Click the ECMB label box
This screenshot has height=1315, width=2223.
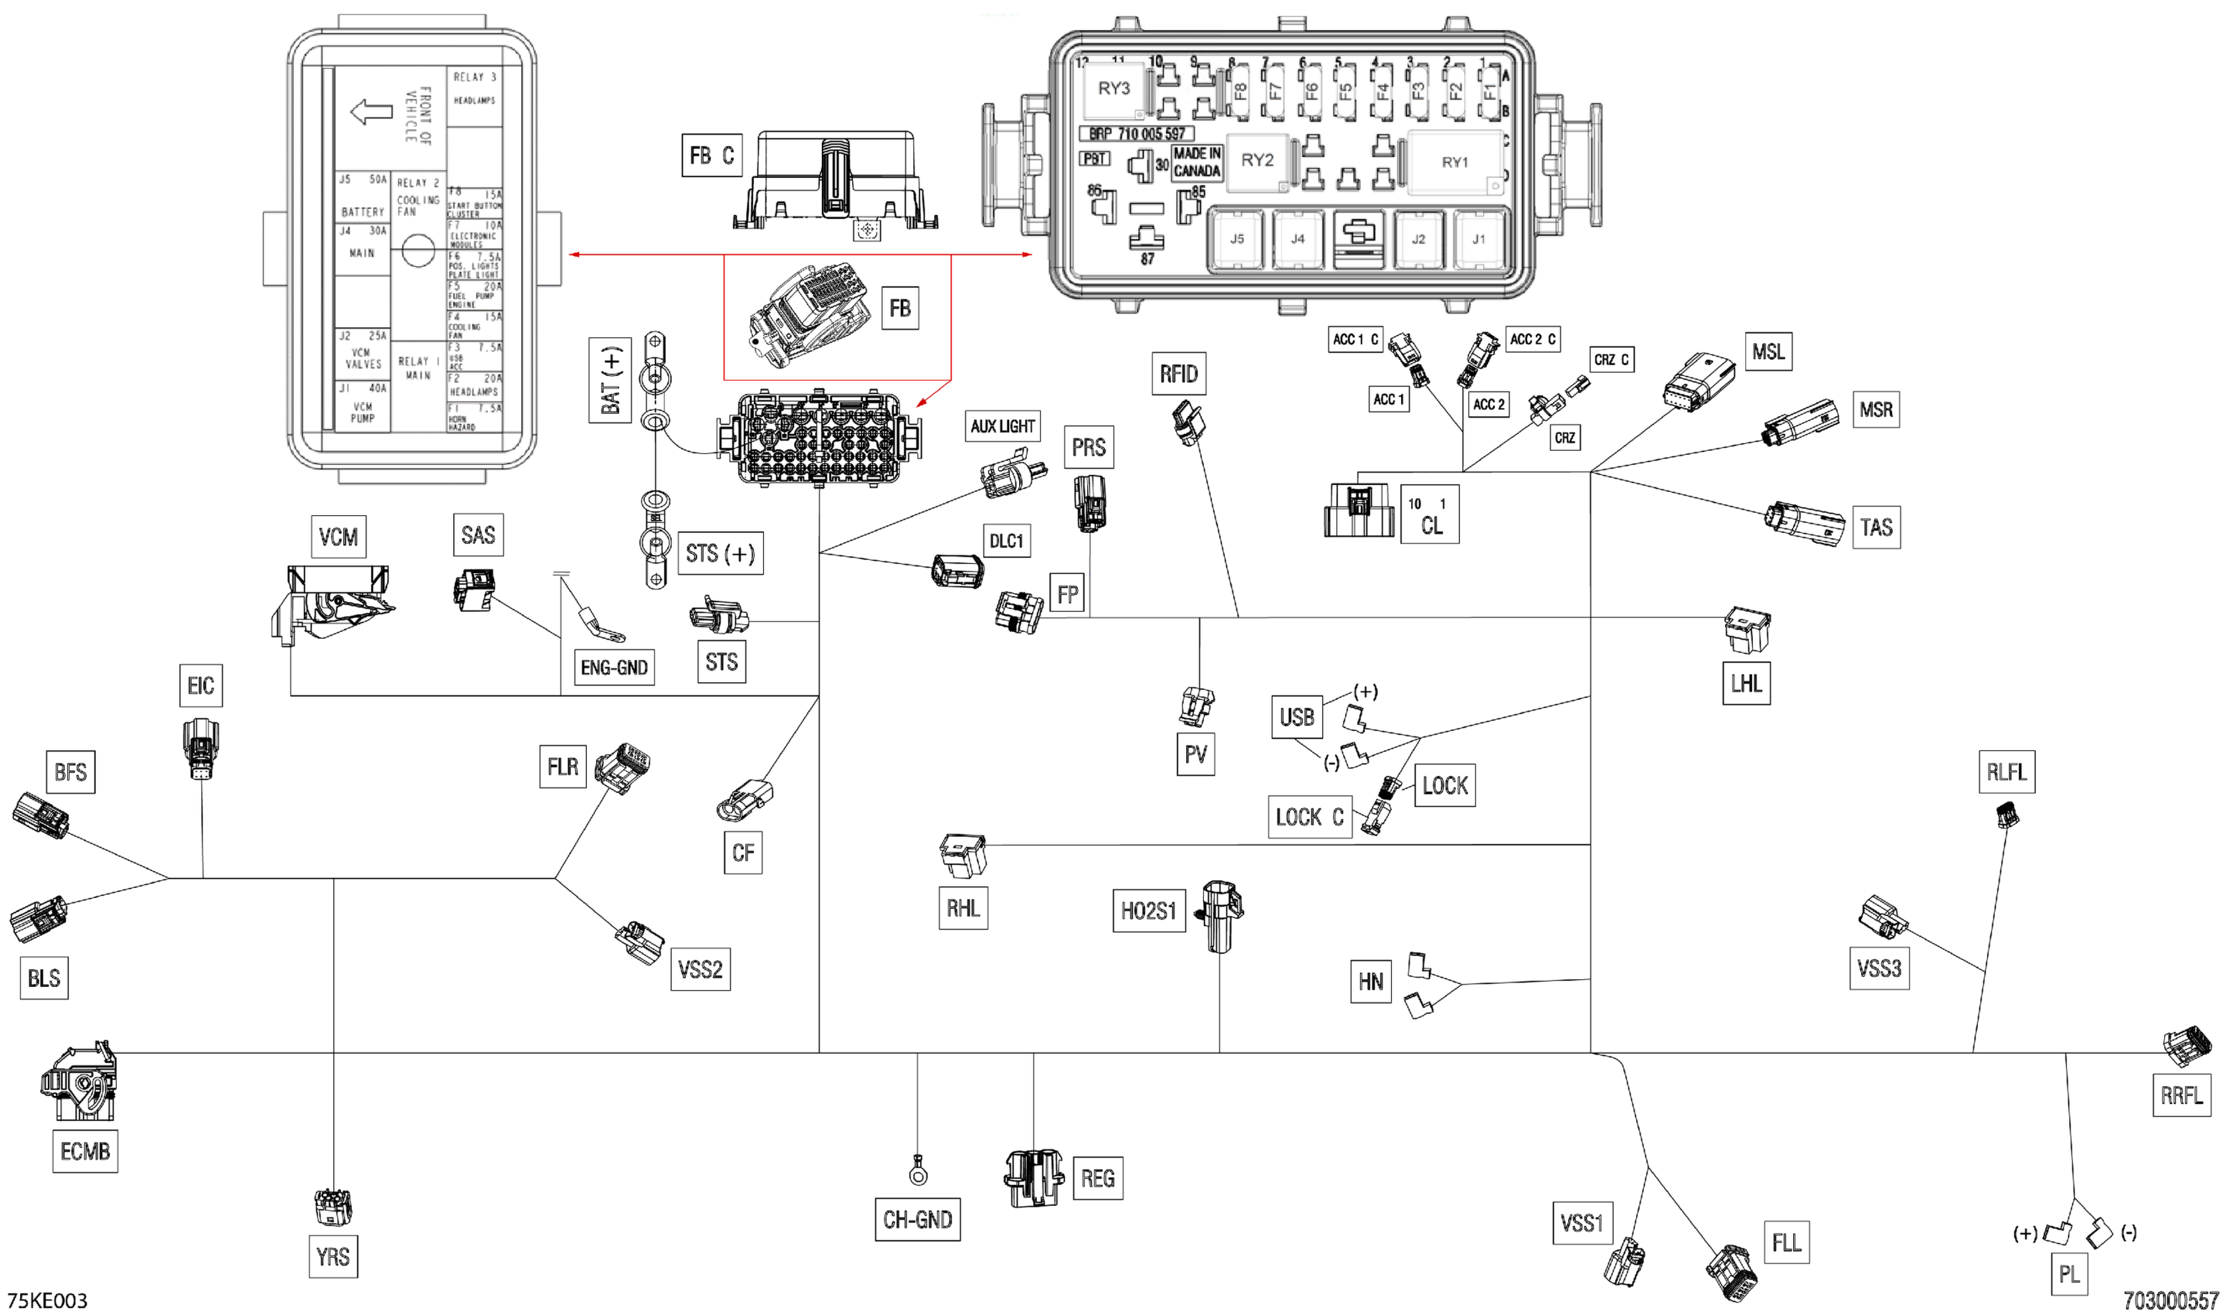pyautogui.click(x=85, y=1151)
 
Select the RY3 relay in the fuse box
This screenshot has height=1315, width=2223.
pyautogui.click(x=1113, y=89)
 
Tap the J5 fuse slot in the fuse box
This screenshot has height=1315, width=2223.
pyautogui.click(x=1236, y=239)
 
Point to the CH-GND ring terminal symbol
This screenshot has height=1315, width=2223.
pyautogui.click(x=919, y=1175)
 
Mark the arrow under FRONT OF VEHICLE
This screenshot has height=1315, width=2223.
pyautogui.click(x=372, y=112)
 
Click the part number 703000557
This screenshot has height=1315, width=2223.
pyautogui.click(x=2170, y=1301)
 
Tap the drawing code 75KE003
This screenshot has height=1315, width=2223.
pyautogui.click(x=48, y=1301)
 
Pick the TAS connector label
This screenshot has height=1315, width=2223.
pyautogui.click(x=1876, y=528)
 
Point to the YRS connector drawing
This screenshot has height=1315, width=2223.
pyautogui.click(x=333, y=1207)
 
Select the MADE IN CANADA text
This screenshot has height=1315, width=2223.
pyautogui.click(x=1196, y=162)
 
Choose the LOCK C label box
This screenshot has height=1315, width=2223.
pyautogui.click(x=1310, y=817)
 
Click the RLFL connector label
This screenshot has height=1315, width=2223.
pyautogui.click(x=2006, y=772)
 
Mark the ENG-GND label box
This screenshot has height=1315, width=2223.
pyautogui.click(x=614, y=668)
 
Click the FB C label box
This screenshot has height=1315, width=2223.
pyautogui.click(x=711, y=155)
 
